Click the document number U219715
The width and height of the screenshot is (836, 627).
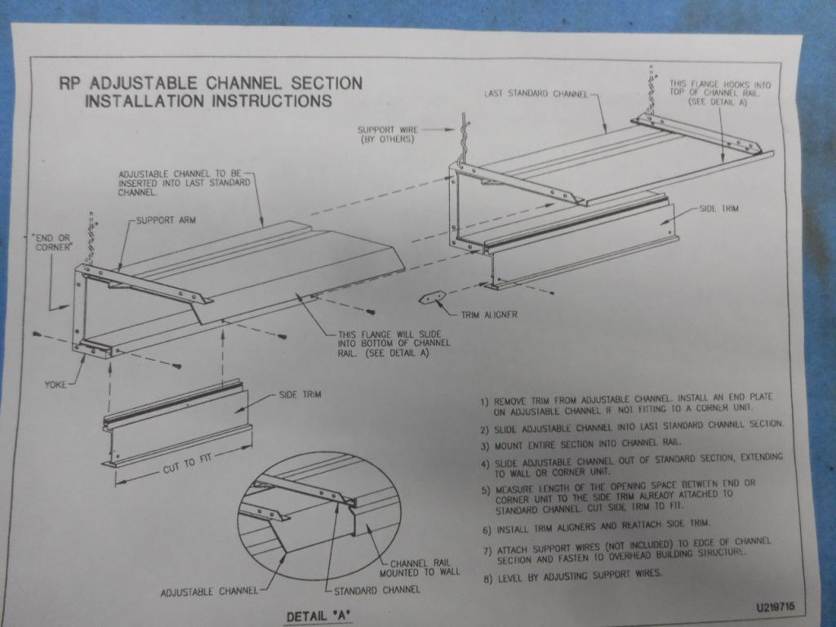(775, 607)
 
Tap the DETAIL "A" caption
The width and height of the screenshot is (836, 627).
(319, 616)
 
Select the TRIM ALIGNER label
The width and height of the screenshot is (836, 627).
(489, 314)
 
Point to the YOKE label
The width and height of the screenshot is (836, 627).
(56, 385)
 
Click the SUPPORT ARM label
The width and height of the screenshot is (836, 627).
(166, 220)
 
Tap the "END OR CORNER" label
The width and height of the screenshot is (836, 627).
(53, 242)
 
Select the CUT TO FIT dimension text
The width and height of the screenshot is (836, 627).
(187, 463)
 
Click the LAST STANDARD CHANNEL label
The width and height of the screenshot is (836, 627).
(536, 94)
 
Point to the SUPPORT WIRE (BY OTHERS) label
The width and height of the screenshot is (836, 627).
(388, 135)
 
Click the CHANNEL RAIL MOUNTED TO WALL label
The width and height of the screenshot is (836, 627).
(419, 568)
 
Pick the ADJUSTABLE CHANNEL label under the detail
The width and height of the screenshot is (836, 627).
(209, 592)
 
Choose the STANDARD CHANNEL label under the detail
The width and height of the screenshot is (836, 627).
(377, 590)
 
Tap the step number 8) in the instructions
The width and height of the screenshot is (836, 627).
(487, 579)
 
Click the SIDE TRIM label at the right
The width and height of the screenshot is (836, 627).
(718, 208)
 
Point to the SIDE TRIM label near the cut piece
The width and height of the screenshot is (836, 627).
(300, 394)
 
